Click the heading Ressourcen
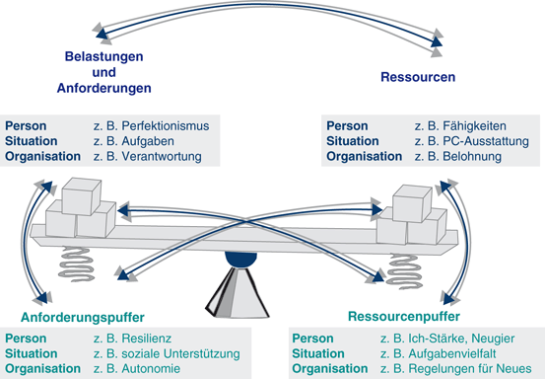click(418, 77)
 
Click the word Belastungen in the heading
click(106, 57)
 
